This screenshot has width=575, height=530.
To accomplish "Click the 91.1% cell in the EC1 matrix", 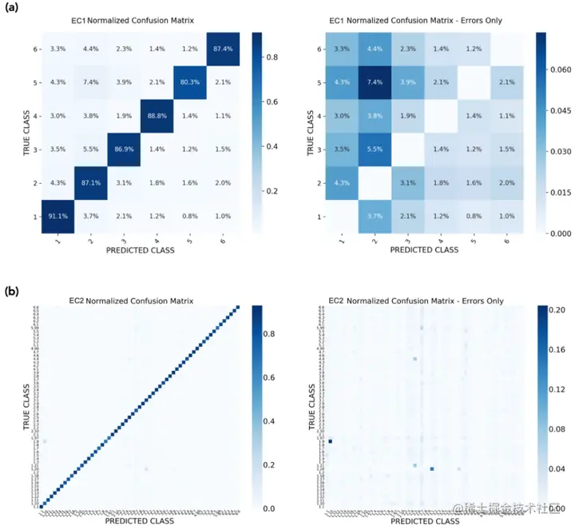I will click(58, 216).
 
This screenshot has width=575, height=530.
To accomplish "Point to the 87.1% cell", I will click(90, 183).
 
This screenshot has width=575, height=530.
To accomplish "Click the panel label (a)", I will click(13, 10).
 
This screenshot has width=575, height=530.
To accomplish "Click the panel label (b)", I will click(13, 293).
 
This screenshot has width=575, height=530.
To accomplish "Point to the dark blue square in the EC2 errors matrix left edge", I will click(330, 441).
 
